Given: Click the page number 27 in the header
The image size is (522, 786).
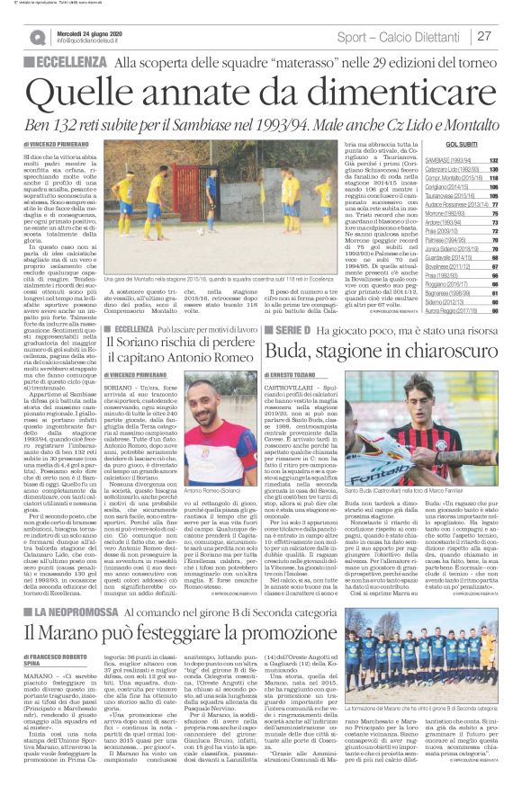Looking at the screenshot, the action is (x=484, y=37).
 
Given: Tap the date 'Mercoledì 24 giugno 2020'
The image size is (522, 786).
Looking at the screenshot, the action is (x=95, y=31).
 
